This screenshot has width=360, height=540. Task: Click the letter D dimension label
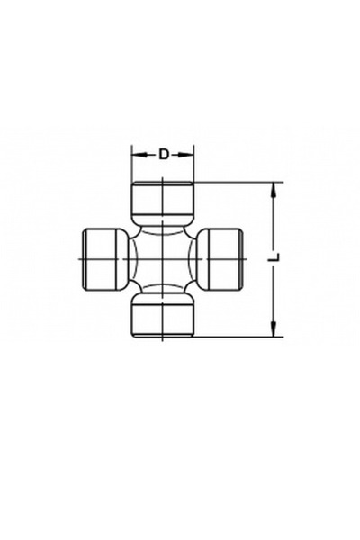[164, 154]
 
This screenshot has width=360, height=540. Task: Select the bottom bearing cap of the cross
[163, 316]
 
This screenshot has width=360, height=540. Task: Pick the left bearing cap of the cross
[103, 258]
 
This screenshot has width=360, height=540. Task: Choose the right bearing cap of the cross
[222, 258]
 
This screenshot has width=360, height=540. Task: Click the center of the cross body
[163, 258]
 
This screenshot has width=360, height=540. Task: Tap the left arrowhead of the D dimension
[137, 154]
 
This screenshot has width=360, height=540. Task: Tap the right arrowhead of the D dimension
[189, 154]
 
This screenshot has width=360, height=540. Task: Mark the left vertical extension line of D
[132, 166]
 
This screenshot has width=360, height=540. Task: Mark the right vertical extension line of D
[194, 166]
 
